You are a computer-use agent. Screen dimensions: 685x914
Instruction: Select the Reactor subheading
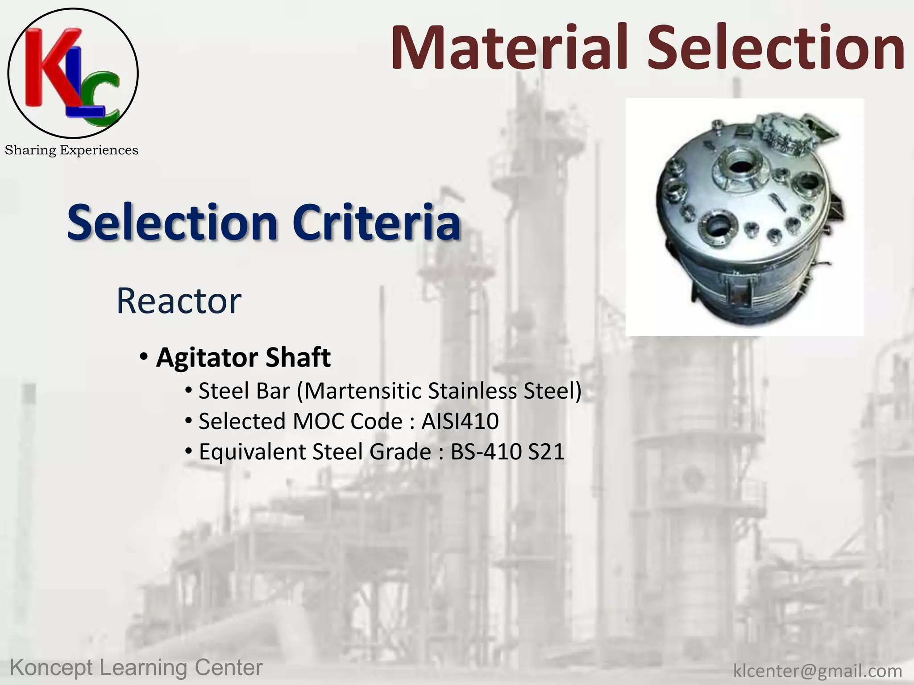[x=179, y=301]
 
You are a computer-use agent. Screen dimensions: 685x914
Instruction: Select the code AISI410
[x=460, y=421]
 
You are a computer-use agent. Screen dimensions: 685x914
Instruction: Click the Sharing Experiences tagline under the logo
[x=71, y=150]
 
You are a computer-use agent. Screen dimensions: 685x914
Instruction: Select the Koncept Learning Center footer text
[x=136, y=668]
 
